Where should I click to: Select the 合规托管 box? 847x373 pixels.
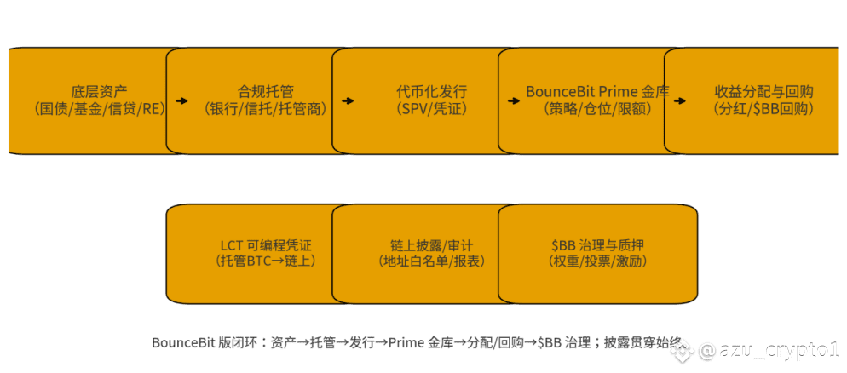pos(259,101)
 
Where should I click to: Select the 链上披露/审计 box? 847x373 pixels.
pos(424,254)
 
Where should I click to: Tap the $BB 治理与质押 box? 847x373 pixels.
pos(597,254)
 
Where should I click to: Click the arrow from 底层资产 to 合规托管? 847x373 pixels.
pos(182,101)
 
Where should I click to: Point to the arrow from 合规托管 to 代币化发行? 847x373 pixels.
pos(348,101)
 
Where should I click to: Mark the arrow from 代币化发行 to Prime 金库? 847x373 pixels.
pos(514,101)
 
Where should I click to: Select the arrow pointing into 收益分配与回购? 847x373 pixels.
pos(679,101)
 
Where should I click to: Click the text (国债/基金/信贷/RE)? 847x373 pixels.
pos(100,110)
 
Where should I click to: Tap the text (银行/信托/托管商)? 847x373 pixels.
pos(265,110)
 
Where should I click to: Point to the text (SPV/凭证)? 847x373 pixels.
pos(431,110)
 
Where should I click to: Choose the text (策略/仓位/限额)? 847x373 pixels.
pos(596,110)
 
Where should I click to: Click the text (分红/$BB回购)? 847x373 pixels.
pos(763,110)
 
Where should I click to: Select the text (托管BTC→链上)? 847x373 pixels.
pos(265,261)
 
